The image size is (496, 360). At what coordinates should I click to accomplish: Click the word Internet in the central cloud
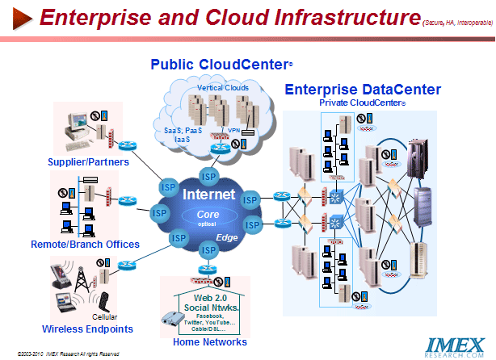click(x=208, y=195)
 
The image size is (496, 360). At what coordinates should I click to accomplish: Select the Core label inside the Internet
click(x=208, y=214)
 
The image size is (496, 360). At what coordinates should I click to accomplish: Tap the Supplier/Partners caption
click(x=82, y=162)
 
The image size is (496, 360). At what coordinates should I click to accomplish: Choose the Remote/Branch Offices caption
click(x=85, y=244)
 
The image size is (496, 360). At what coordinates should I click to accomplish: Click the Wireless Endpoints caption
click(x=87, y=329)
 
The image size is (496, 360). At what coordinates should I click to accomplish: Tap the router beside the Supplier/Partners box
click(x=126, y=146)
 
